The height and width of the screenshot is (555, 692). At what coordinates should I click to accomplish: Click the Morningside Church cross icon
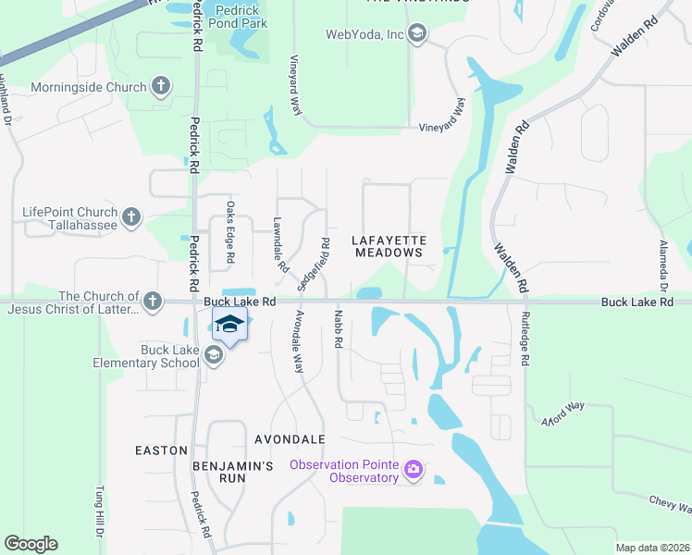coord(161,88)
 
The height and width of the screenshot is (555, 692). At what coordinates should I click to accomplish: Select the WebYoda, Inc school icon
coord(416,35)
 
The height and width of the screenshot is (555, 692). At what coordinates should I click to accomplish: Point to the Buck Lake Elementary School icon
coord(214,355)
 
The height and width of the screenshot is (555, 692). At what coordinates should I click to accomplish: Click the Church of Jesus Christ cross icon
coord(152,302)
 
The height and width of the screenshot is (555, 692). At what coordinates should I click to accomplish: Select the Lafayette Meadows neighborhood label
coord(388,245)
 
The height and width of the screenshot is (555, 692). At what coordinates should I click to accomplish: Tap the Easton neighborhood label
coord(162,450)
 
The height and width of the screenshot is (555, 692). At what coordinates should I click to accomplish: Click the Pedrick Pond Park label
coord(239,17)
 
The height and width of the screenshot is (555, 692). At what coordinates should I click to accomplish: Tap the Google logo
coord(31,544)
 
